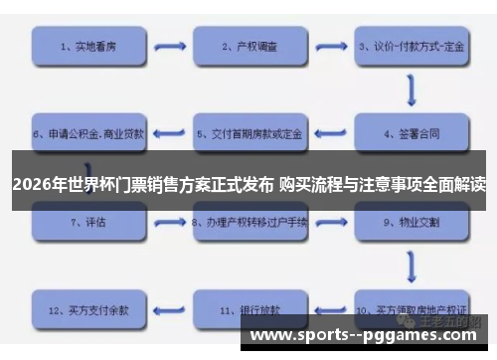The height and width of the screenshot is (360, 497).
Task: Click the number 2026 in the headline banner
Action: (x=32, y=184)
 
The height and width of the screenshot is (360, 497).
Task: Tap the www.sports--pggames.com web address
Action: (x=367, y=335)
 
